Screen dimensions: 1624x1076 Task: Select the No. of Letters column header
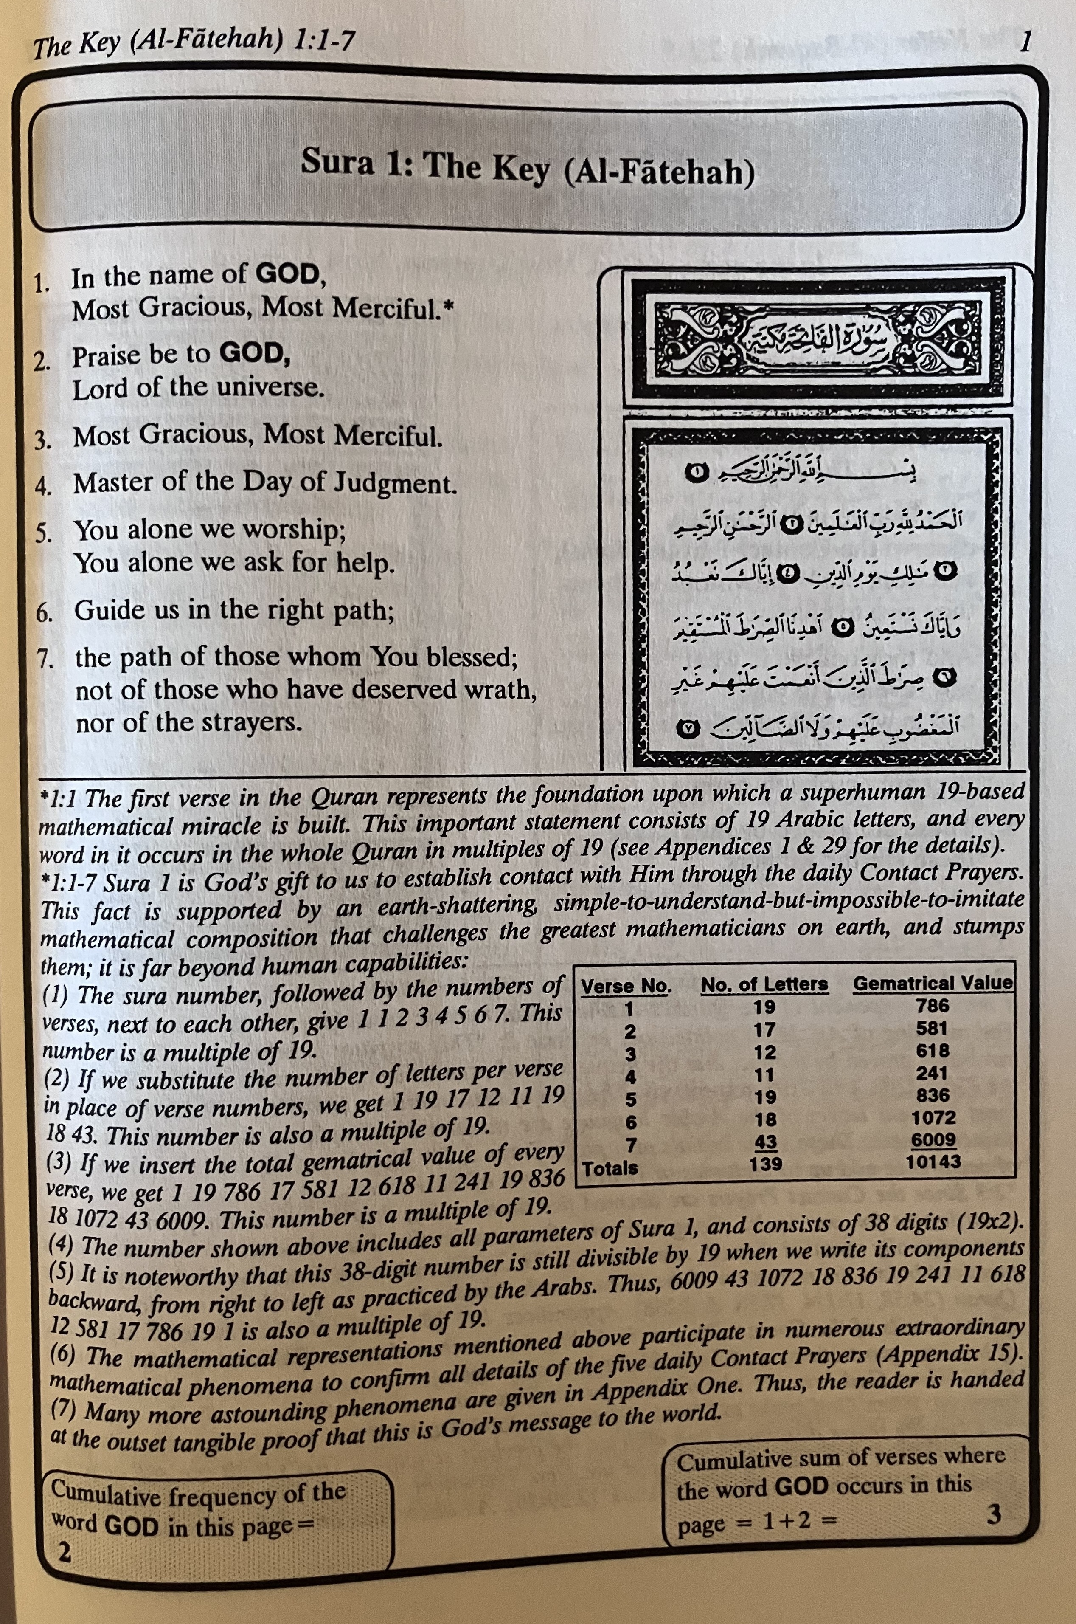point(764,984)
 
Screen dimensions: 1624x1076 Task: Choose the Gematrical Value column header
point(932,982)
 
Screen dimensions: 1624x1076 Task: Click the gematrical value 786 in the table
point(932,1006)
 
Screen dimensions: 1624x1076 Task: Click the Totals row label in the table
point(610,1167)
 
